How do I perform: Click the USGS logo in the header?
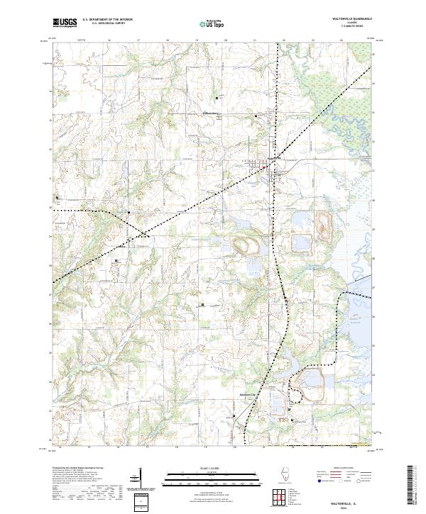tap(65, 23)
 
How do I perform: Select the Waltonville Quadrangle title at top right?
tap(342, 20)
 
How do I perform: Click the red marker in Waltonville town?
tap(264, 168)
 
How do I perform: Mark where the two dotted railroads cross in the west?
tap(143, 233)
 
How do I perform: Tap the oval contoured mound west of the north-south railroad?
tap(246, 246)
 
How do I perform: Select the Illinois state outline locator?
tap(287, 476)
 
